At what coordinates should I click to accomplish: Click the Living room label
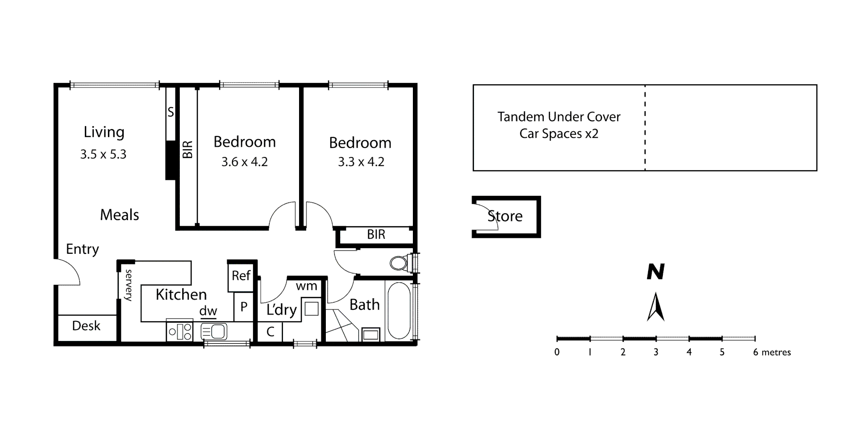[104, 133]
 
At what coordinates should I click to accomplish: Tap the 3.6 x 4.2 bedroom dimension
[245, 162]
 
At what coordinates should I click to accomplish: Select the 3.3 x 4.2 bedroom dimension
[361, 162]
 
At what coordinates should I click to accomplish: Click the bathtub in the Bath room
[399, 311]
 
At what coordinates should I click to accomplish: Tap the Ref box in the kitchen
[241, 276]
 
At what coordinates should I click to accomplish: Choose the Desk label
[86, 326]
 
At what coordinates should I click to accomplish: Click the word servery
[129, 285]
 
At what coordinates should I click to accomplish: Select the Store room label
[505, 216]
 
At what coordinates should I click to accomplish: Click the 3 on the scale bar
[656, 352]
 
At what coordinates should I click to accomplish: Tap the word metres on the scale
[776, 353]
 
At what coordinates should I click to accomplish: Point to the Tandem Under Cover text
[559, 117]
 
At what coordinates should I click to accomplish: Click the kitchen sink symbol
[214, 332]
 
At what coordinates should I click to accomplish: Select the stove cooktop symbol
[179, 332]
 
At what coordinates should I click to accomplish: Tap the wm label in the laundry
[306, 286]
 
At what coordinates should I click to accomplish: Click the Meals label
[120, 215]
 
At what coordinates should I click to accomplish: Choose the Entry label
[83, 249]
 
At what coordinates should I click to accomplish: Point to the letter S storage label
[171, 112]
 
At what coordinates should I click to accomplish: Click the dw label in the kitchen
[208, 311]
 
